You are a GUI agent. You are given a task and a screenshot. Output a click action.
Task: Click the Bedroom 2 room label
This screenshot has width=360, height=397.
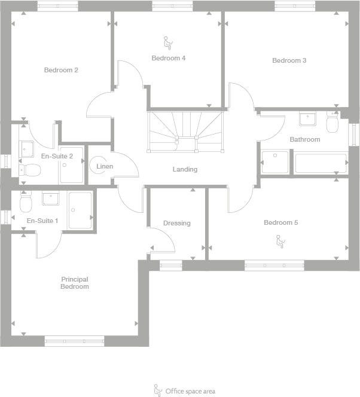(x=61, y=70)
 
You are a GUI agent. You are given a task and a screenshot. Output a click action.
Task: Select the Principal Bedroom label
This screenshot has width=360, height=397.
(x=74, y=283)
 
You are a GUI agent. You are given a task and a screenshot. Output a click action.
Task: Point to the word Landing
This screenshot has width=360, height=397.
(x=185, y=169)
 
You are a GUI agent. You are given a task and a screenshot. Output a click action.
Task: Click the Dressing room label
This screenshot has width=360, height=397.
(x=176, y=223)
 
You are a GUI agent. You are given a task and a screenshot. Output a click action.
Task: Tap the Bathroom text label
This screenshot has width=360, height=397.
(x=305, y=139)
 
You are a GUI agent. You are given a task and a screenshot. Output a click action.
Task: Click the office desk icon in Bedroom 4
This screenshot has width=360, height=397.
(x=167, y=42)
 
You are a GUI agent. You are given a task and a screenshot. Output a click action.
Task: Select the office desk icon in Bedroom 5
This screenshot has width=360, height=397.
(x=279, y=241)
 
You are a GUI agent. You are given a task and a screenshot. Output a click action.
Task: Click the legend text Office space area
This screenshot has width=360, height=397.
(x=190, y=392)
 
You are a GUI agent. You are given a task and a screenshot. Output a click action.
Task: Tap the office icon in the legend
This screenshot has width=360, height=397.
(x=158, y=390)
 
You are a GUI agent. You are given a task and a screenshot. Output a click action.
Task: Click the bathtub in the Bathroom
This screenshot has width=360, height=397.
(x=320, y=163)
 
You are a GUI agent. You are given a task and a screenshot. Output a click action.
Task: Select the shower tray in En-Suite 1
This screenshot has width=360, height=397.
(x=80, y=210)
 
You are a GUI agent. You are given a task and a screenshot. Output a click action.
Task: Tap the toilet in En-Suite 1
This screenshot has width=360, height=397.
(x=25, y=203)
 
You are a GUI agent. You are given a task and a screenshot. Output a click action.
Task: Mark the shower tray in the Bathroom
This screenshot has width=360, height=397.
(x=275, y=162)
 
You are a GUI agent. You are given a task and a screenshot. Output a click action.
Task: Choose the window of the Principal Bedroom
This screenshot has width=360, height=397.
(x=74, y=341)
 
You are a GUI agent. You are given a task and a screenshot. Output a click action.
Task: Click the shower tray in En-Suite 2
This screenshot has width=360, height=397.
(x=71, y=165)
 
